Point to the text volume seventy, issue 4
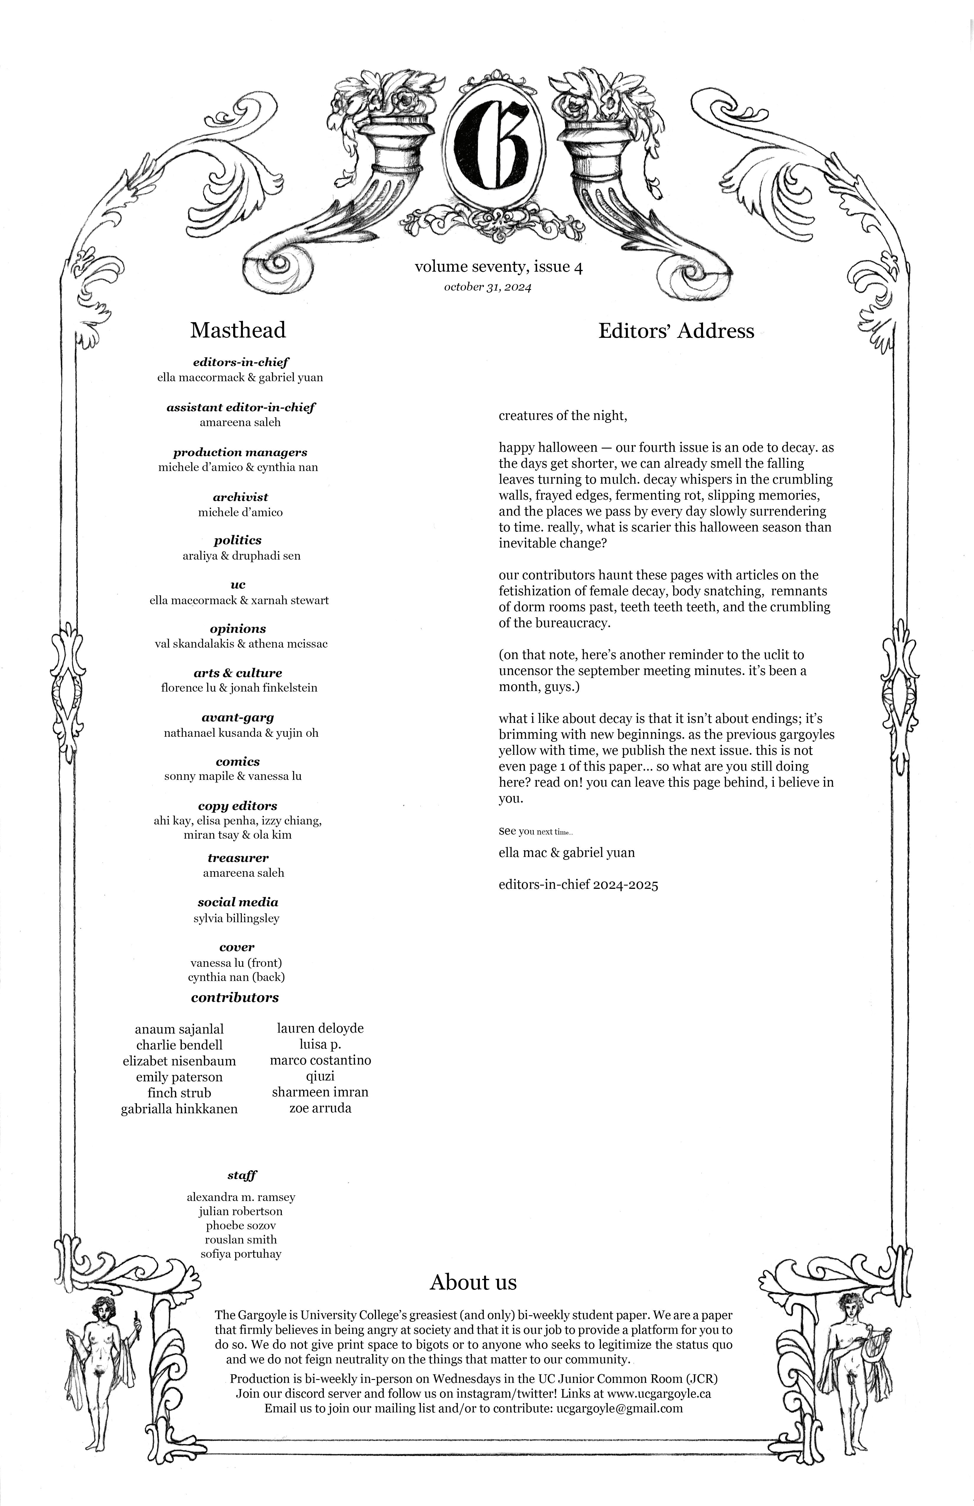pos(499,267)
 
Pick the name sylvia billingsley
pos(236,918)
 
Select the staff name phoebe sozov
pos(240,1225)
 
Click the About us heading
pos(473,1282)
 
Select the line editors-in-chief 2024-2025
pos(578,885)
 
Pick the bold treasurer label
pos(238,858)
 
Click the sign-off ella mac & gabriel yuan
pos(567,852)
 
